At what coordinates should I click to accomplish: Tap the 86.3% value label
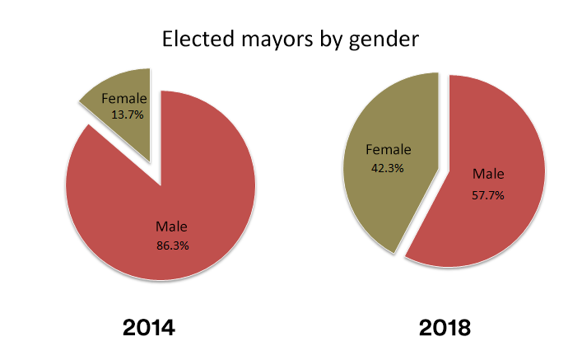[x=171, y=245]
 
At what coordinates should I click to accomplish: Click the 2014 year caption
[x=148, y=328]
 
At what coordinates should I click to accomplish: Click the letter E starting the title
[x=169, y=40]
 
